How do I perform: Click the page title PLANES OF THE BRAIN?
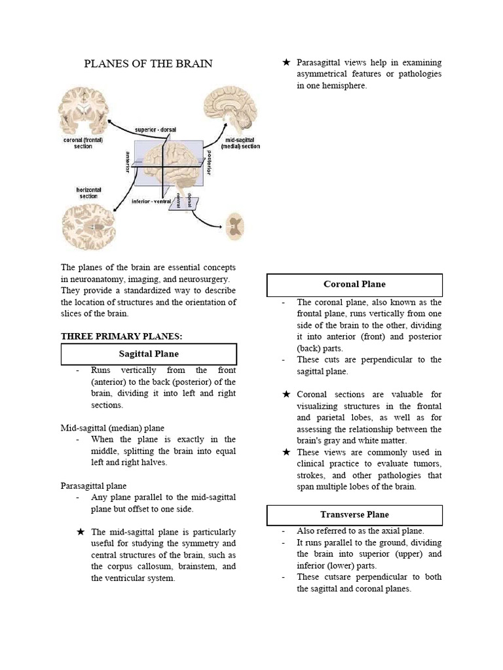[x=149, y=63]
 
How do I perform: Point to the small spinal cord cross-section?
[x=233, y=226]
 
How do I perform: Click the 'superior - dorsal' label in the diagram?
[x=155, y=130]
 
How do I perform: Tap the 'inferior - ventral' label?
[x=151, y=201]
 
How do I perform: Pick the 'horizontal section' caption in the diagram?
[x=88, y=193]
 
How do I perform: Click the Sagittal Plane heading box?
[x=149, y=354]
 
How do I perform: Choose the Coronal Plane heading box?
[x=354, y=285]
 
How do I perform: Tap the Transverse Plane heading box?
[x=354, y=515]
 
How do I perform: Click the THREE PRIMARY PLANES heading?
[x=121, y=336]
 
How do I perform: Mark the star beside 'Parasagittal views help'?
[x=286, y=63]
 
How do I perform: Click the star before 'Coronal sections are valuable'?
[x=286, y=395]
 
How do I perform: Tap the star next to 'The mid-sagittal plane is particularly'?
[x=81, y=532]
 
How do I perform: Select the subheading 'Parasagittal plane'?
[x=94, y=486]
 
